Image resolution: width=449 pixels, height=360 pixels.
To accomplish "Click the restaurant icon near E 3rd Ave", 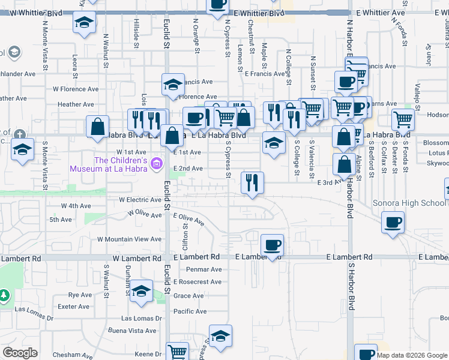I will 252,182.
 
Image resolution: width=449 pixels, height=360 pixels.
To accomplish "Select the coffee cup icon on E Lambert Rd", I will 272,245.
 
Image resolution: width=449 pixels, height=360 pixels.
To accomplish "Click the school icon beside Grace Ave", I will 141,291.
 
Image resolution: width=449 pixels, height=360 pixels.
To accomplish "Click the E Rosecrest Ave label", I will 197,282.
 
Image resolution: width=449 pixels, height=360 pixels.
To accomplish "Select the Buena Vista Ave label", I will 133,331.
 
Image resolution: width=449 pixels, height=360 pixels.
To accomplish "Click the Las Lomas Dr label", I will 142,319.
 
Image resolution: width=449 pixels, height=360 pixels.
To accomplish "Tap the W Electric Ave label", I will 140,199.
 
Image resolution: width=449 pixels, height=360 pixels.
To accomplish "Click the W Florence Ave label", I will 76,89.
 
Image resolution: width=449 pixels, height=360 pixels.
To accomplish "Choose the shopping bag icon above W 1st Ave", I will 97,127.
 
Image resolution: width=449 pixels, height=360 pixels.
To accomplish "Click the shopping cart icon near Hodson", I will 403,119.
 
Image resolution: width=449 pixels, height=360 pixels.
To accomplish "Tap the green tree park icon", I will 4,296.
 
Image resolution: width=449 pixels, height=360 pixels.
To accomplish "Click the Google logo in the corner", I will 20,353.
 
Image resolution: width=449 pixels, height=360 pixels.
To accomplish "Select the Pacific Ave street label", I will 190,311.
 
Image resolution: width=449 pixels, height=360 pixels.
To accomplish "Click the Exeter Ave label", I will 76,307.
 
